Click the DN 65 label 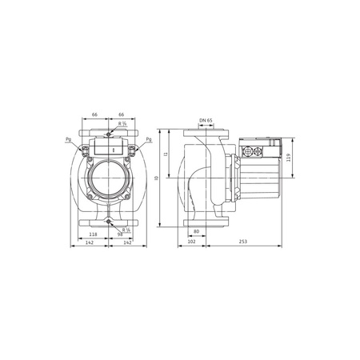coord(206,120)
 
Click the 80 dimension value coord(196,231)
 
